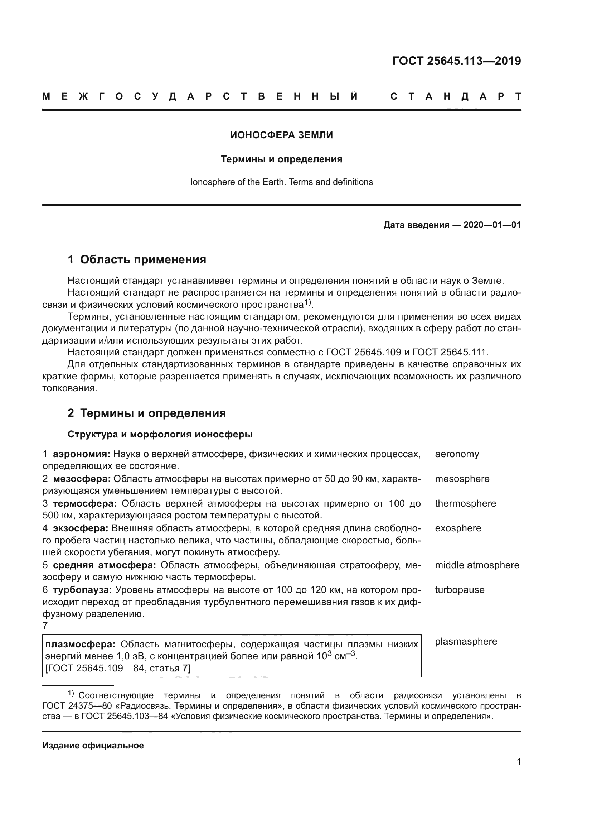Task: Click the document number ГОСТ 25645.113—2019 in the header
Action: [456, 61]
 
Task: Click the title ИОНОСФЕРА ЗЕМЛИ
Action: [281, 135]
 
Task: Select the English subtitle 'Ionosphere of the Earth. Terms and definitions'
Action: [281, 182]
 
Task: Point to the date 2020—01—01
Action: [492, 225]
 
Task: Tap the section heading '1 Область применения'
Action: [137, 260]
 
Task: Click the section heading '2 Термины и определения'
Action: [146, 413]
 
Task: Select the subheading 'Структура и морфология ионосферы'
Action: [160, 435]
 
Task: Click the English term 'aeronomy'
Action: [457, 454]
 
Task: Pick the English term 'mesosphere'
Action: [462, 479]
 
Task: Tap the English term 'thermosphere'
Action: [465, 504]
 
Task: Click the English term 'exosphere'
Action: [458, 528]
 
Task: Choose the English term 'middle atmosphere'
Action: [477, 565]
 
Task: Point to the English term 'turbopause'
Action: [459, 590]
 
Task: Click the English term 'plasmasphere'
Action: [466, 642]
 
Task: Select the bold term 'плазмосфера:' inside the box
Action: [80, 645]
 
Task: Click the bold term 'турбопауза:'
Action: [82, 590]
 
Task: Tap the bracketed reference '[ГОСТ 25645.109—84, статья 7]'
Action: [117, 668]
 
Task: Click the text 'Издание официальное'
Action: [93, 746]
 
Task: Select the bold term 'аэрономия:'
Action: [82, 454]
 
